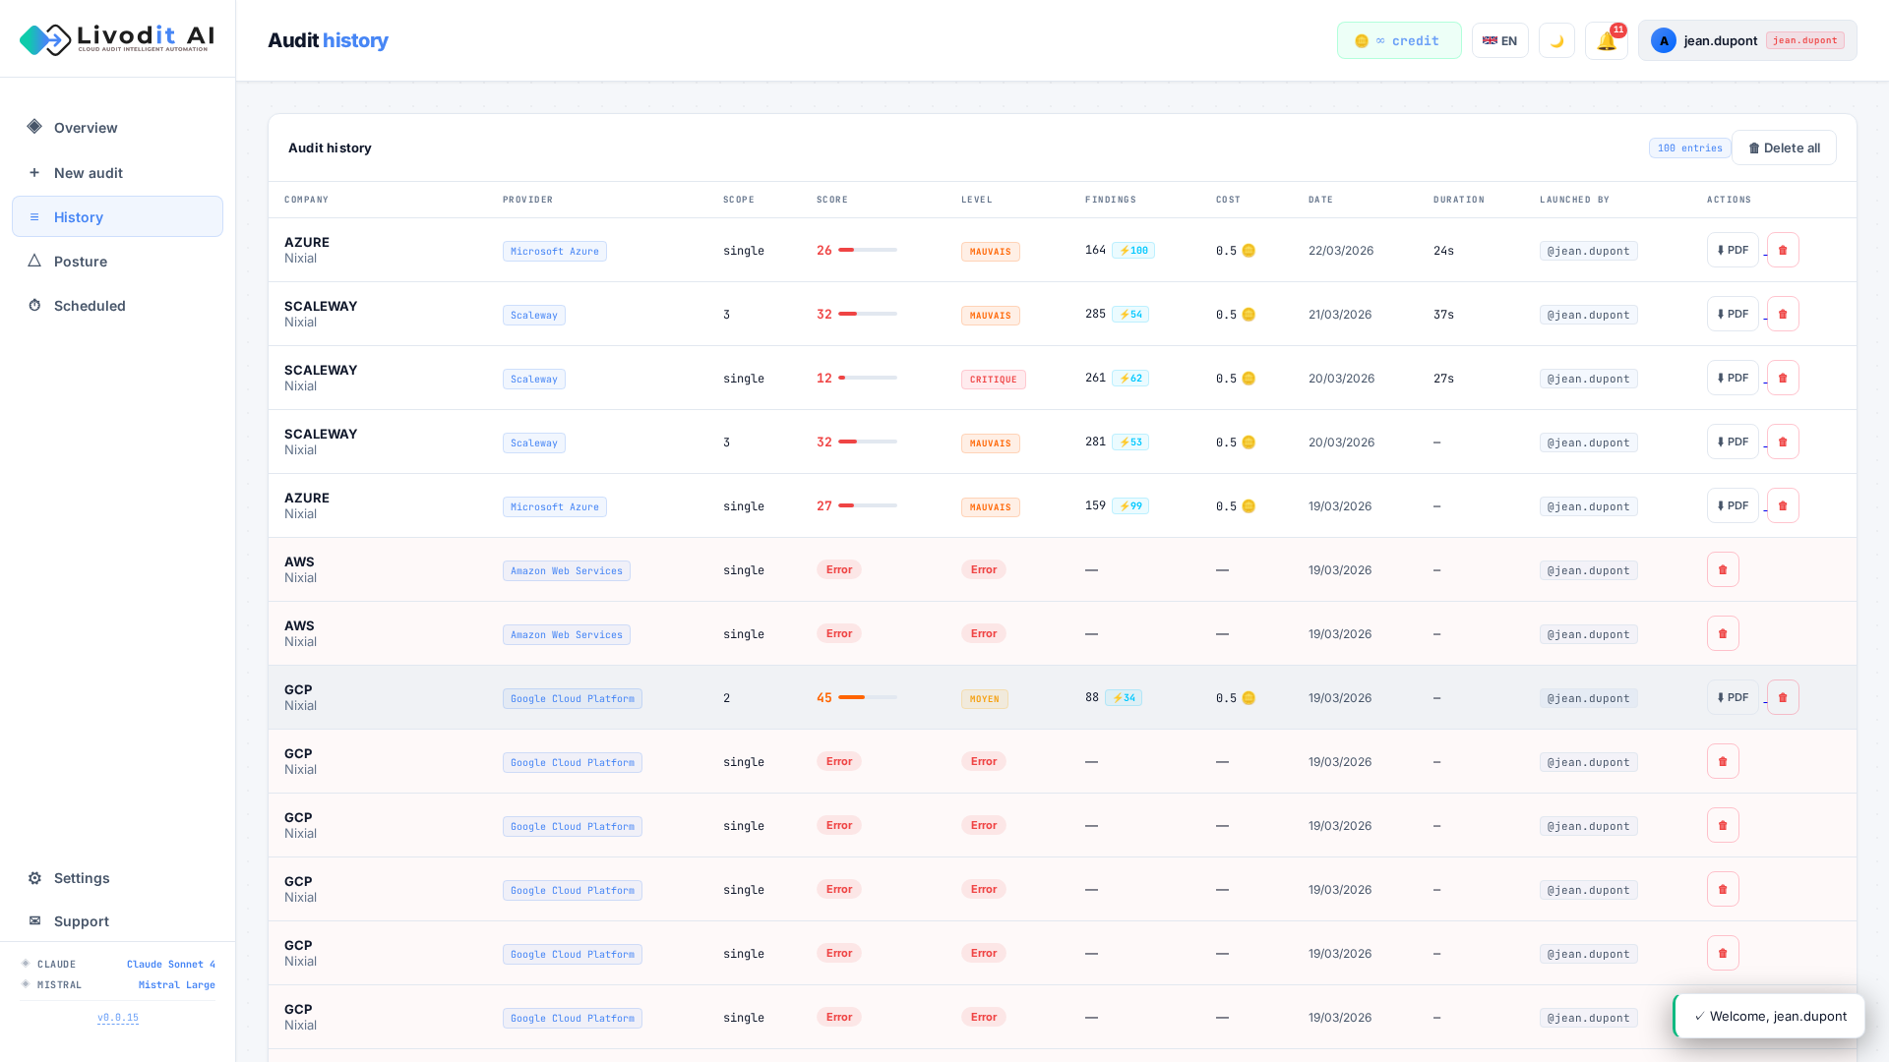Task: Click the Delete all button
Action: [1784, 147]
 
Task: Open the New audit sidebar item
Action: [88, 173]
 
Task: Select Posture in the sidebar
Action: [80, 262]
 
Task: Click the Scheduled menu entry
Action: [89, 306]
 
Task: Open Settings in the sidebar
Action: [81, 878]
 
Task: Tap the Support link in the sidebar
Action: [81, 921]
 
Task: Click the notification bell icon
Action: [1606, 41]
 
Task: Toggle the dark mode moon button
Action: [1556, 41]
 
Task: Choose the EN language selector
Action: [1499, 41]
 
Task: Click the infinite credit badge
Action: [1398, 41]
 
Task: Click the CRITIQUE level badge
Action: [993, 380]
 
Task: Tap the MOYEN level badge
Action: [984, 699]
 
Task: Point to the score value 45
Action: [823, 698]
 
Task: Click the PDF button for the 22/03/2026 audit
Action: [1732, 251]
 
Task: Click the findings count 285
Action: [1095, 315]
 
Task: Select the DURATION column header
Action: [1458, 200]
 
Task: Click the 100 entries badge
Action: [1689, 148]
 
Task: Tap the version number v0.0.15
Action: [118, 1018]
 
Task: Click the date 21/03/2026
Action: [1339, 315]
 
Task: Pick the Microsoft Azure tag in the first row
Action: [554, 252]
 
